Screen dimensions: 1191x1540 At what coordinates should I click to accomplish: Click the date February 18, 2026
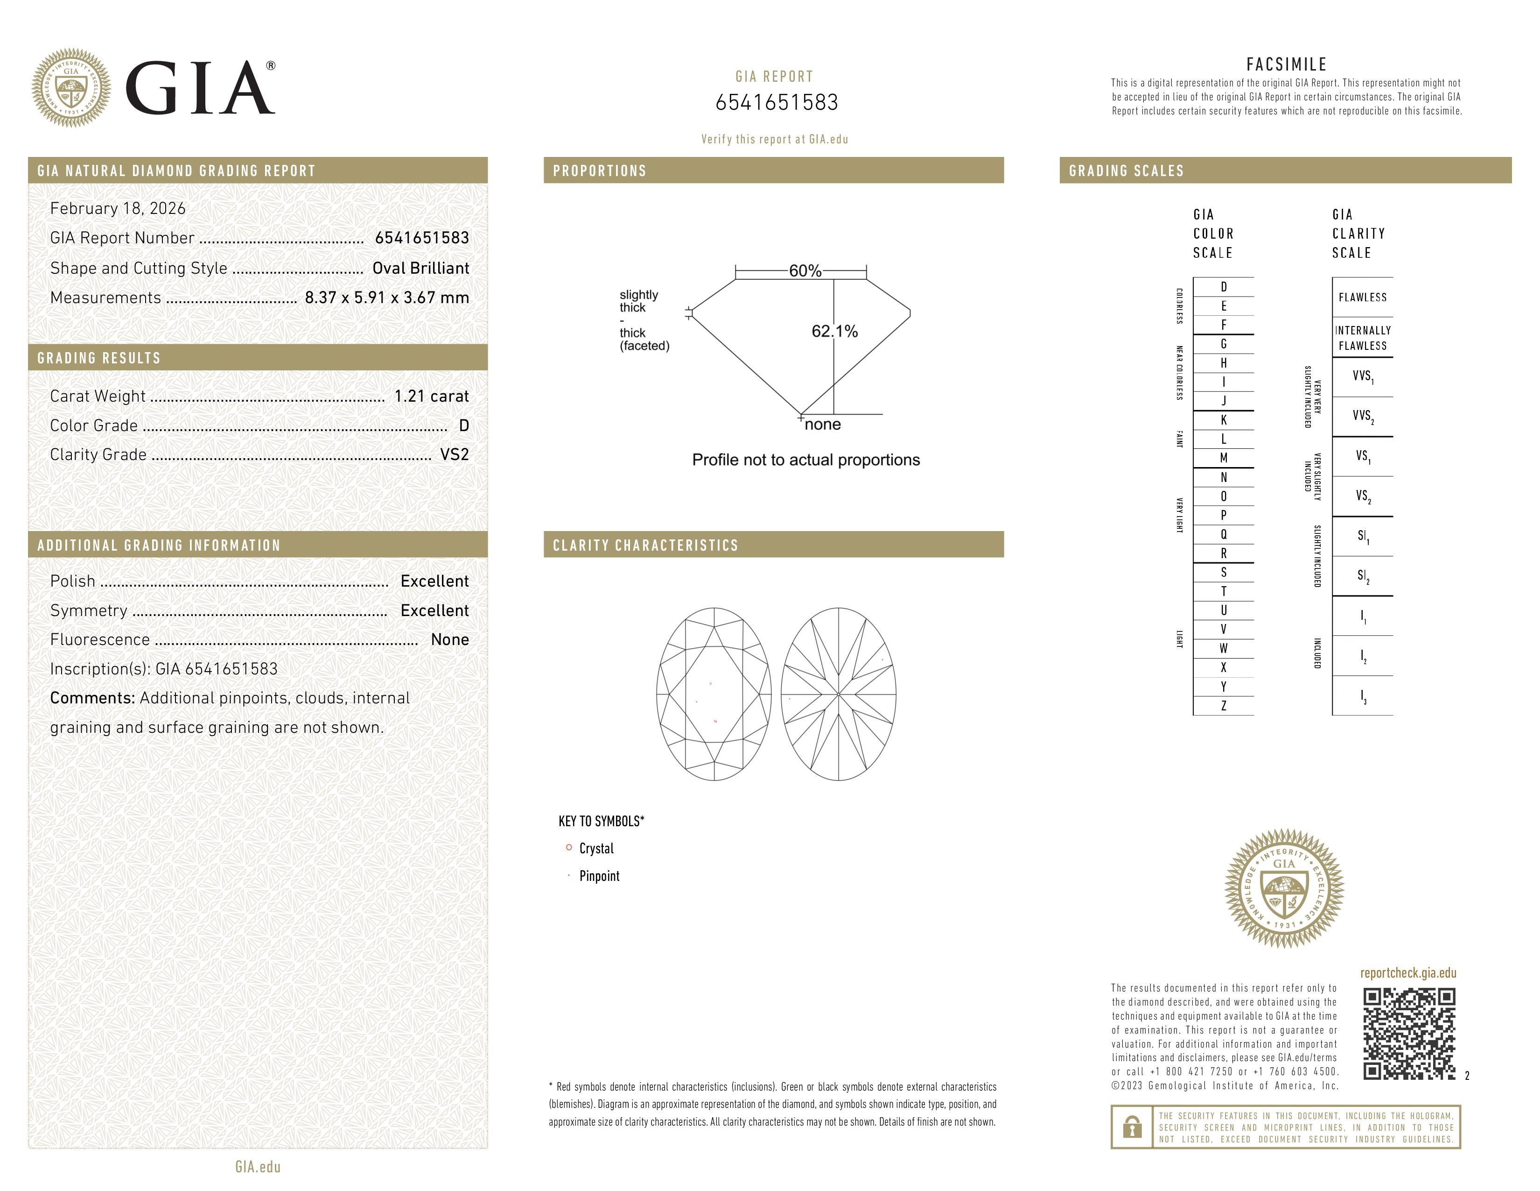[x=118, y=209]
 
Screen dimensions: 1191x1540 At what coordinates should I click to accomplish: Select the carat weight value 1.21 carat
[x=431, y=397]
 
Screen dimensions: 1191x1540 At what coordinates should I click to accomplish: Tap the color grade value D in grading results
[x=463, y=425]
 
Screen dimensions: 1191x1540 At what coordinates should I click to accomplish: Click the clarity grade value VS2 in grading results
[x=454, y=455]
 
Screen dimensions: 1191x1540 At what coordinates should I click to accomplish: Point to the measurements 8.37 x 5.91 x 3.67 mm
[x=386, y=298]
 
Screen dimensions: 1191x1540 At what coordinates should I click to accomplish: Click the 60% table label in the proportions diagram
[x=805, y=271]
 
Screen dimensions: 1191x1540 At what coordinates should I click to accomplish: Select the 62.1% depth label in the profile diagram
[x=834, y=332]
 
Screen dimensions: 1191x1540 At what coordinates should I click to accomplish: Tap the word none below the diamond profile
[x=822, y=425]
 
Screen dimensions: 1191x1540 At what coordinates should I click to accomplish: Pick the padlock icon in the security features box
[x=1132, y=1127]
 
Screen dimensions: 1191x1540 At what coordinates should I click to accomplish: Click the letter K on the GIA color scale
[x=1224, y=420]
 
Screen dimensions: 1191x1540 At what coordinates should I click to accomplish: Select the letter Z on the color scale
[x=1224, y=706]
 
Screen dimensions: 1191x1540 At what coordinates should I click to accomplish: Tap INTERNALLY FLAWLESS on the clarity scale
[x=1362, y=338]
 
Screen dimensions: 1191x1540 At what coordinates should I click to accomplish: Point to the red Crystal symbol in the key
[x=568, y=847]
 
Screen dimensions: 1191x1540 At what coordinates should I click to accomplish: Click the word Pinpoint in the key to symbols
[x=599, y=876]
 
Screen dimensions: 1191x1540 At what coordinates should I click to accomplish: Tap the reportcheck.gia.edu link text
[x=1407, y=973]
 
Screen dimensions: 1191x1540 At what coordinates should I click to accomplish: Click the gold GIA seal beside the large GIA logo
[x=70, y=88]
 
